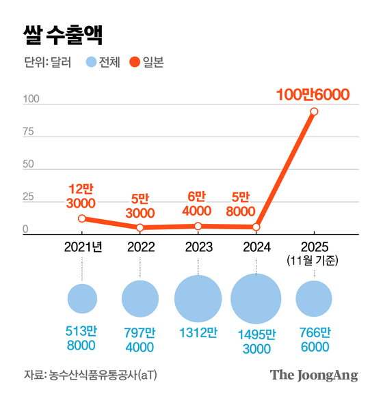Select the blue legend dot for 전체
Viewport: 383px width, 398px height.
[92, 63]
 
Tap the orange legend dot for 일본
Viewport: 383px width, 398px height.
[135, 63]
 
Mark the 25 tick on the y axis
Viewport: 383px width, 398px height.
[29, 197]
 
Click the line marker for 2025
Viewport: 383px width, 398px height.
[314, 111]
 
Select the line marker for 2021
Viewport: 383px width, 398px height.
[82, 218]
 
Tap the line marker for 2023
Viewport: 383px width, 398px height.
[198, 226]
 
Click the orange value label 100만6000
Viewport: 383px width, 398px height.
[313, 95]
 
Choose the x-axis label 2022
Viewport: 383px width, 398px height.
[140, 247]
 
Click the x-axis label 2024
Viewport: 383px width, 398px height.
[256, 247]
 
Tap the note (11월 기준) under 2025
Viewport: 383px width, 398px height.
[314, 261]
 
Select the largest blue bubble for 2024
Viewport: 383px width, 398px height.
[256, 299]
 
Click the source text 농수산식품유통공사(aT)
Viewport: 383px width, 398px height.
[107, 375]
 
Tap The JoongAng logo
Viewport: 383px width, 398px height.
[314, 375]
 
